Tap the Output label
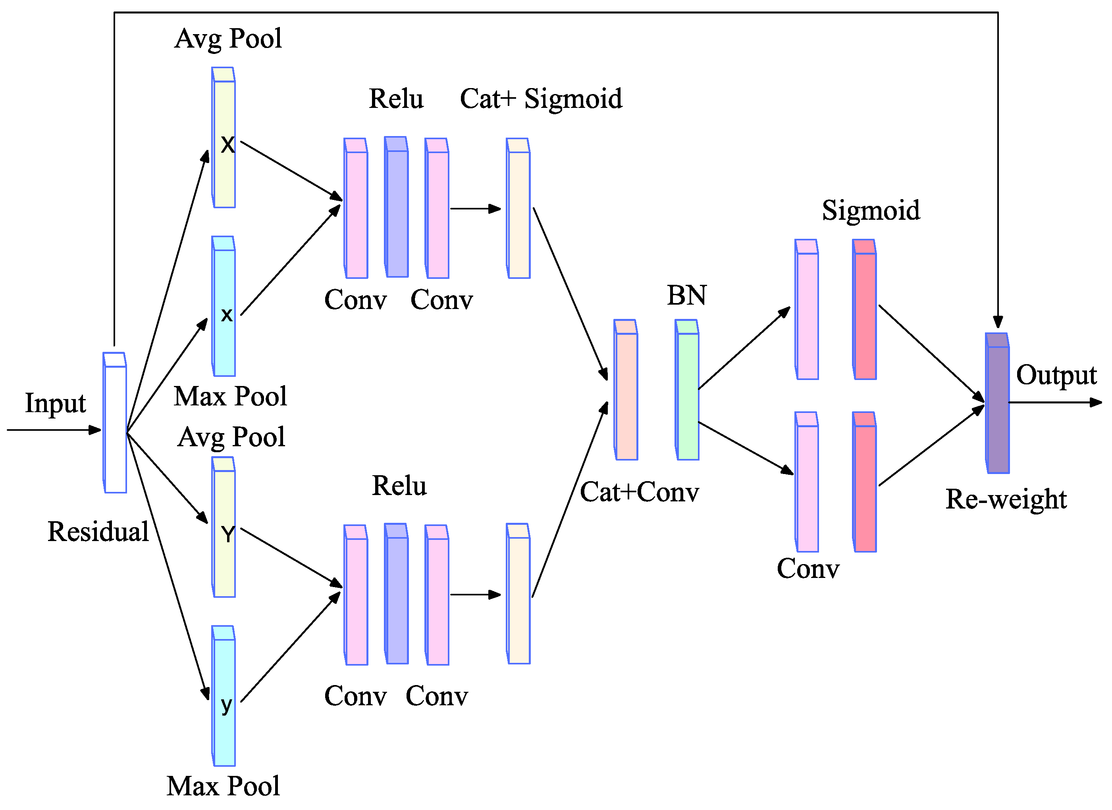[x=1056, y=375]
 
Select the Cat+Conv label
[x=639, y=492]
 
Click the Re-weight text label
[x=1006, y=499]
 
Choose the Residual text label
[x=98, y=532]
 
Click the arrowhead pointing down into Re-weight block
[x=997, y=322]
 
